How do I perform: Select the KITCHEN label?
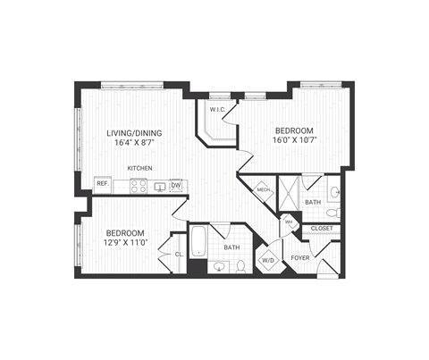139,168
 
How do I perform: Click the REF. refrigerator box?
102,185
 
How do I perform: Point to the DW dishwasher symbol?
175,185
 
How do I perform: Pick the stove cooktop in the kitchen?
139,186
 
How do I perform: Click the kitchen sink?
159,186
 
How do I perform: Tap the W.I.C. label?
217,110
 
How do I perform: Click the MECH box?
264,188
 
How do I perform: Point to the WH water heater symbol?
289,222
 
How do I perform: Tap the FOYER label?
300,257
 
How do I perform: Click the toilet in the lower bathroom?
241,265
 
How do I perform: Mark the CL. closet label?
179,255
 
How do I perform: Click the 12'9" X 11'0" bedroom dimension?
125,243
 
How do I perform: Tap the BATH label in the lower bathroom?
231,247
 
